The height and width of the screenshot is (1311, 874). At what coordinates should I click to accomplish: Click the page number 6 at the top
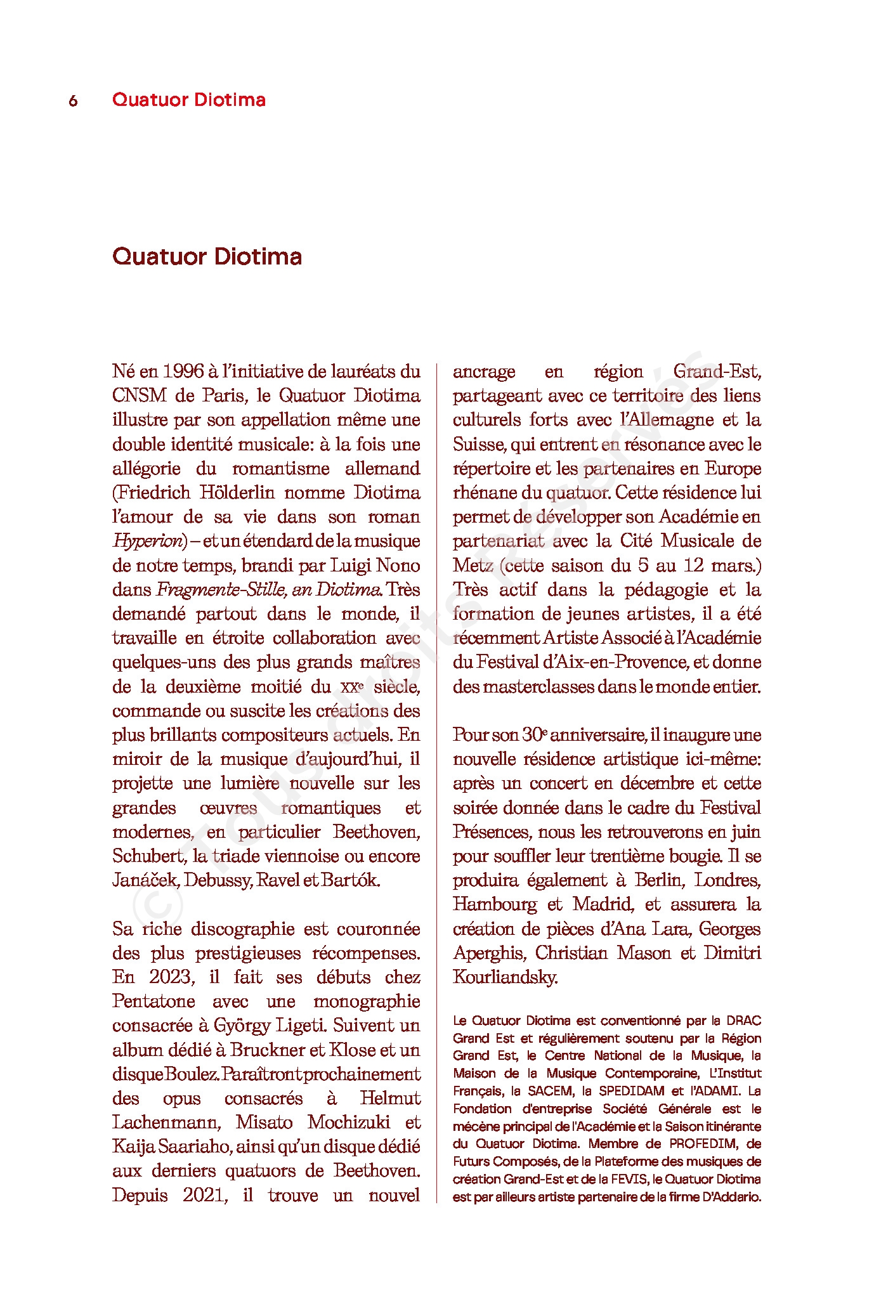[x=73, y=101]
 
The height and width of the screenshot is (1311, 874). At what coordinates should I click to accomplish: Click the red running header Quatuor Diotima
[x=188, y=100]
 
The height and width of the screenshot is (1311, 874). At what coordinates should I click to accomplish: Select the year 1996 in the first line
[x=183, y=371]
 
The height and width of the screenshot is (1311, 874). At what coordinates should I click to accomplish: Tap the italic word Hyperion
[x=147, y=541]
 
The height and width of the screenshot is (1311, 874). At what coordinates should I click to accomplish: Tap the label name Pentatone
[x=153, y=1001]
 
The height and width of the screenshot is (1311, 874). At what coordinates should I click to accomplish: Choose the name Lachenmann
[x=166, y=1123]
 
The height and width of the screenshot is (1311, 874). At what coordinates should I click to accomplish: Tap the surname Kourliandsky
[x=505, y=977]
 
